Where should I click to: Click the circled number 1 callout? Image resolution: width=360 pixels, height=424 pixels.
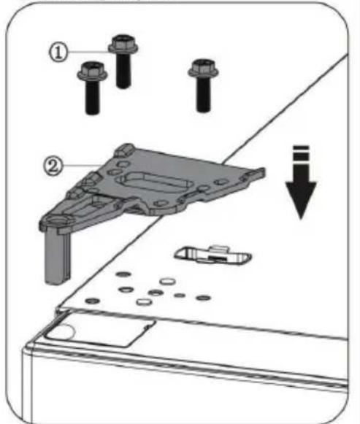coord(58,53)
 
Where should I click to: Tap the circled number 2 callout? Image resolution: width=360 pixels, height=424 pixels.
coord(53,166)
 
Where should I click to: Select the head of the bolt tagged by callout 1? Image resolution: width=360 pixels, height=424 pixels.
coord(123,44)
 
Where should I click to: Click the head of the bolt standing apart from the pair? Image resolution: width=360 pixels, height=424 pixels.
coord(203,68)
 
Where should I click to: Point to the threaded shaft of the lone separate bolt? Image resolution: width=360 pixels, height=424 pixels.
coord(203,94)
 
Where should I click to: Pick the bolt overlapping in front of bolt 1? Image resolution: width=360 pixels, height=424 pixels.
coord(93,88)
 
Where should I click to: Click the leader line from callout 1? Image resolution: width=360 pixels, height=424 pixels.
coord(88,51)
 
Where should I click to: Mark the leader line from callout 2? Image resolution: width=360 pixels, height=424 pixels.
coord(83,165)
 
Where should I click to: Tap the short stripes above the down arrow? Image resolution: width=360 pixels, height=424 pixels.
coord(301,154)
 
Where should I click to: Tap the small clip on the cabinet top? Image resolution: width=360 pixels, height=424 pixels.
coord(213,255)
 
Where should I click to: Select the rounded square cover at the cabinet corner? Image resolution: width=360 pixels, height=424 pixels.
coord(99,329)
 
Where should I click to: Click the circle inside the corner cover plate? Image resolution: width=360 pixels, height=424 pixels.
coord(63,332)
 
